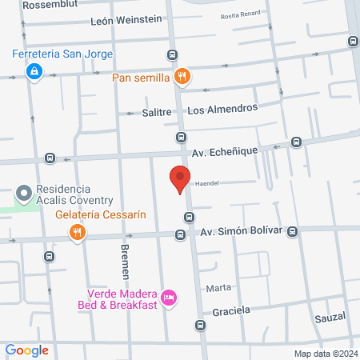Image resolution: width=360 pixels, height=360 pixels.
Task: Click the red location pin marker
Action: tap(180, 179)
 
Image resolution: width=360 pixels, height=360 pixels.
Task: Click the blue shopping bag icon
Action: tap(34, 73)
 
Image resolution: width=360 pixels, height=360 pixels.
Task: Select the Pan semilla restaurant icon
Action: tap(183, 77)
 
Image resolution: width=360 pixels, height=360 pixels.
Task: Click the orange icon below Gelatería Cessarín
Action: tap(78, 233)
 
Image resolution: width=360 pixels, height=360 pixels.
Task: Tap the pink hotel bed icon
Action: tap(168, 298)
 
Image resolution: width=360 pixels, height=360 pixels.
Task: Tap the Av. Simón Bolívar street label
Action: tap(241, 232)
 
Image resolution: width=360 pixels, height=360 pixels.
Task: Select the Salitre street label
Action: tap(157, 113)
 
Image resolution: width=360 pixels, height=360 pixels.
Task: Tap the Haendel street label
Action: tap(207, 182)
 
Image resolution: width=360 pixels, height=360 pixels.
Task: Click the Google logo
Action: tap(27, 350)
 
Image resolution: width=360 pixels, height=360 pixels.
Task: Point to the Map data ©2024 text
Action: tap(325, 353)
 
